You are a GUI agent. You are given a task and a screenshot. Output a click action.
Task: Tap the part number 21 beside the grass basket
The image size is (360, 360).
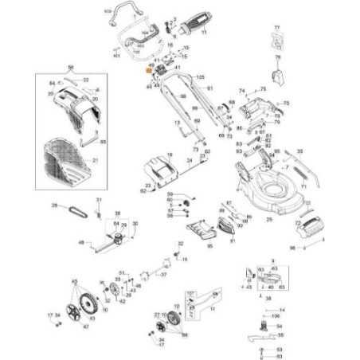96,161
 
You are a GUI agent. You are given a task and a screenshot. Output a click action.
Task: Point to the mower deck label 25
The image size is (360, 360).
269,218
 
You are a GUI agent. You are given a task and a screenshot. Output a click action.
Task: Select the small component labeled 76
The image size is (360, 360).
278,78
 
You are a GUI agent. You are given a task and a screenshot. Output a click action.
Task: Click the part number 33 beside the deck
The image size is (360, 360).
299,150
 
